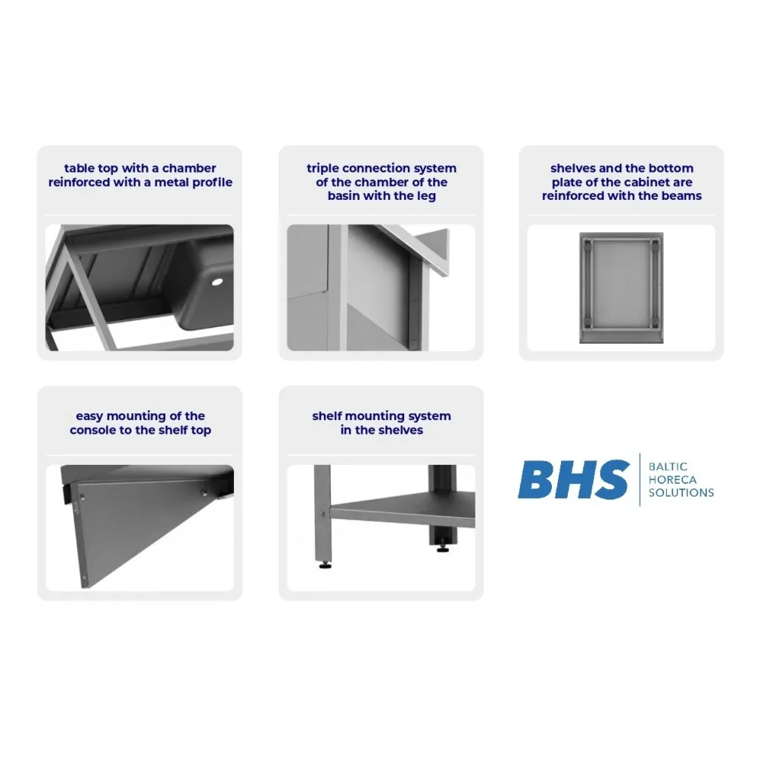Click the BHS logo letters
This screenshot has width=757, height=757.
(573, 480)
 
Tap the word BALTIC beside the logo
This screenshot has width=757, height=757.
(668, 467)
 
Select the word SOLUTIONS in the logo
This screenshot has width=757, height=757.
(681, 493)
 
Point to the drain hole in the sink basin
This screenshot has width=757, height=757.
(218, 282)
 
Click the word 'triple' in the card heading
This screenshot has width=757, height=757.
(322, 168)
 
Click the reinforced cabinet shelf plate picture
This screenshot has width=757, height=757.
(621, 288)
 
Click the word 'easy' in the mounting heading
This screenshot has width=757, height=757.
(89, 416)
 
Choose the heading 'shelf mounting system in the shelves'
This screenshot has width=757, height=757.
(381, 423)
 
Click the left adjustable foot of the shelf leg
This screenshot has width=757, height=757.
(324, 563)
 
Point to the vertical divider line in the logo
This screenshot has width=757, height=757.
(640, 479)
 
